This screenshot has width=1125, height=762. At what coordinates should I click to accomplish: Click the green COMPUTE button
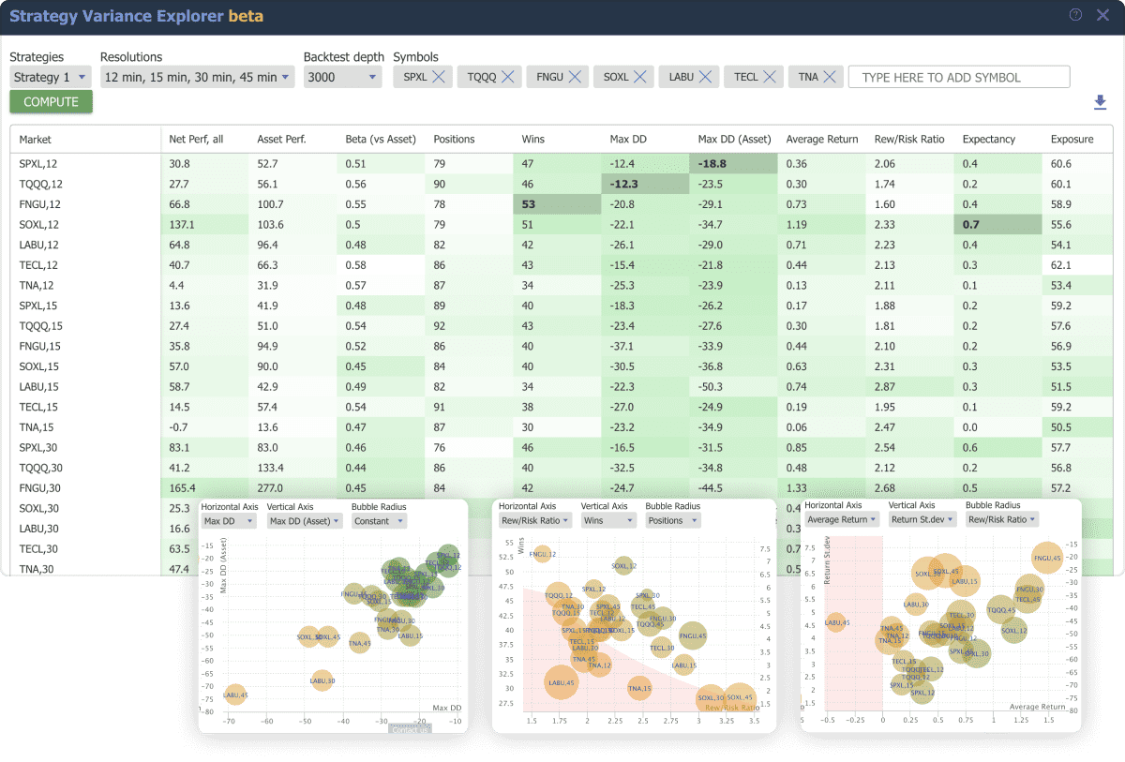(52, 102)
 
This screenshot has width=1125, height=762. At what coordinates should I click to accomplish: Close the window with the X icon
(1102, 15)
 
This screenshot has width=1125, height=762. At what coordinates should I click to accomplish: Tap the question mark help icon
(1075, 15)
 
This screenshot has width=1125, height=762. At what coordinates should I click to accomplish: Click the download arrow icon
(1100, 102)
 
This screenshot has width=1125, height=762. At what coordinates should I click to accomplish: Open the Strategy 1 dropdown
(51, 77)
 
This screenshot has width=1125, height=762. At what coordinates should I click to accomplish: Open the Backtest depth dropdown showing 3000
(342, 77)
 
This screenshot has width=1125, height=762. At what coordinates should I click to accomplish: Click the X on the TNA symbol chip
(829, 77)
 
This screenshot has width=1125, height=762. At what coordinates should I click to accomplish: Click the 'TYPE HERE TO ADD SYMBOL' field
(958, 77)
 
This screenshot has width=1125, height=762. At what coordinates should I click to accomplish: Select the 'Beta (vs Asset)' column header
(381, 139)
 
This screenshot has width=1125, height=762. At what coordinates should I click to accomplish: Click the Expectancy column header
(988, 139)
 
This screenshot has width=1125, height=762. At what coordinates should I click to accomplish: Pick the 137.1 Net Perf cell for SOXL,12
(182, 224)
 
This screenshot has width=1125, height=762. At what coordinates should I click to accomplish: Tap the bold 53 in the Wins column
(529, 203)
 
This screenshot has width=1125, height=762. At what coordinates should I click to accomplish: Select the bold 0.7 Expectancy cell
(970, 224)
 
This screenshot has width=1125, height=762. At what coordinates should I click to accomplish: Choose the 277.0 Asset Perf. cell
(270, 488)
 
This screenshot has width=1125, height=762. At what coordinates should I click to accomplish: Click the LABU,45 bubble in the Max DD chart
(235, 694)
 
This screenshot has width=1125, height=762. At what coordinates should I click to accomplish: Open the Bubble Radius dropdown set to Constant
(379, 521)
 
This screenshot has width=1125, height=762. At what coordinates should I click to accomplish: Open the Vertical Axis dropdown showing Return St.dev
(922, 519)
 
